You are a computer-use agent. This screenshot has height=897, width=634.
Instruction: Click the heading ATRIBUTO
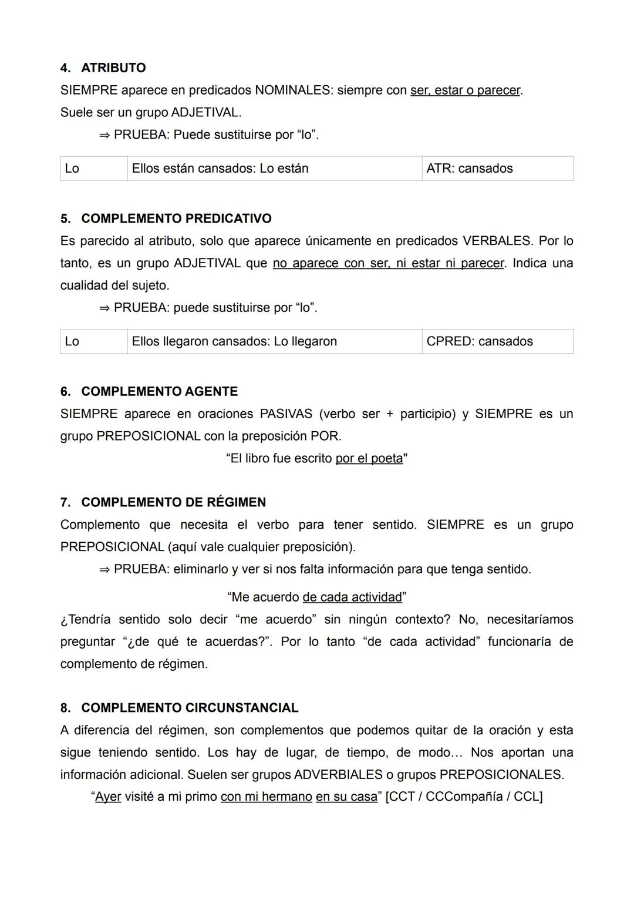(x=113, y=68)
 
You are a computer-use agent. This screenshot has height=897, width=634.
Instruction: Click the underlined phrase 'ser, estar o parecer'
(x=465, y=90)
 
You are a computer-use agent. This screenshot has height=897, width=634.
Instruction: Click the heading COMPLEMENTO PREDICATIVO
(x=176, y=219)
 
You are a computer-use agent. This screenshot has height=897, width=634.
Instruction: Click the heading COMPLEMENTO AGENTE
(x=159, y=391)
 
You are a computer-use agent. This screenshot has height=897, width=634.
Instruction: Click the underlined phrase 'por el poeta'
(x=369, y=458)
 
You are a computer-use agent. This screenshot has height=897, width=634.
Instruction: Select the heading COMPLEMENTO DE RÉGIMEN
(x=173, y=502)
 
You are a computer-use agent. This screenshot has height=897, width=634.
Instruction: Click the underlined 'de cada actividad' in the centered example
(x=352, y=597)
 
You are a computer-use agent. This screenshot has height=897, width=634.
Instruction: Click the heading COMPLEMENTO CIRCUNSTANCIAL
(x=190, y=708)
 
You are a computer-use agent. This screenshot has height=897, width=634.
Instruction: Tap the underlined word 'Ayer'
(x=108, y=797)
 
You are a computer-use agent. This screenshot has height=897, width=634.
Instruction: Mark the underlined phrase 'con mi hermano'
(x=267, y=797)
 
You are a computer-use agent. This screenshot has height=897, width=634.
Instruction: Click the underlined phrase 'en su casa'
(x=346, y=797)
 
